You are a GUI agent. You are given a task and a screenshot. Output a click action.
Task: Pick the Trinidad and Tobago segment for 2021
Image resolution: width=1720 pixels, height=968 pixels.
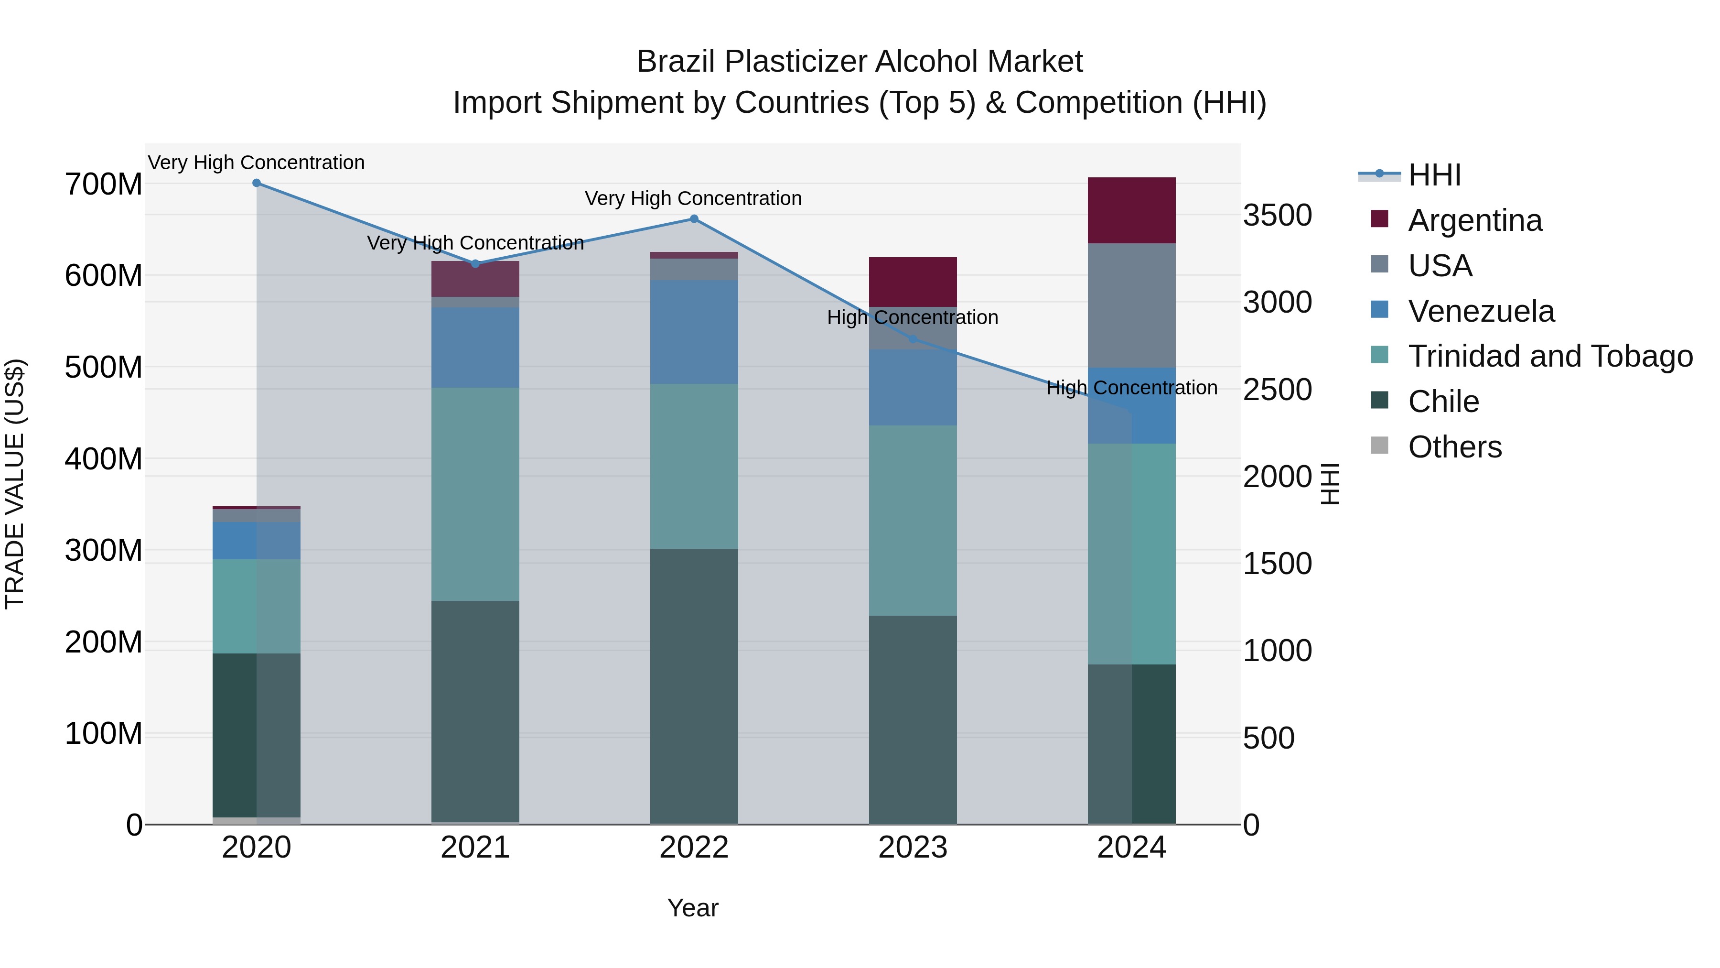pyautogui.click(x=475, y=494)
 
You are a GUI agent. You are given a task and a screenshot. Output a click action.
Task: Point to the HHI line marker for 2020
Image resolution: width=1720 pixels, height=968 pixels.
pyautogui.click(x=257, y=183)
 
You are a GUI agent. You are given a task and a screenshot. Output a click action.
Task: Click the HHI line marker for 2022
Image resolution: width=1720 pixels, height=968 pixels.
pyautogui.click(x=694, y=219)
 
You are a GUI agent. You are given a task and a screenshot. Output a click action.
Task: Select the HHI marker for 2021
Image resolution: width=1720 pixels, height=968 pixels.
pyautogui.click(x=475, y=264)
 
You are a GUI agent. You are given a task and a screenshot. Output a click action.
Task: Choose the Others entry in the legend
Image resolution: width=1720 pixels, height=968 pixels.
pyautogui.click(x=1454, y=447)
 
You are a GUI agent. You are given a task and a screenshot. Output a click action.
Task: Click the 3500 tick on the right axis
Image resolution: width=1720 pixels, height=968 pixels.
pyautogui.click(x=1277, y=216)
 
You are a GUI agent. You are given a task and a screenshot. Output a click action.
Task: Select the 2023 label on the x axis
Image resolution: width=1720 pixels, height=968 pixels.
pyautogui.click(x=913, y=848)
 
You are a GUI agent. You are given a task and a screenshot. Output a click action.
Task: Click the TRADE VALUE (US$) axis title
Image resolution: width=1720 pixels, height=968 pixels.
pyautogui.click(x=15, y=484)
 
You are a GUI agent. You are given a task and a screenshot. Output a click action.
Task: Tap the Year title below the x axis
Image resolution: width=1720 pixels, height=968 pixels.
pyautogui.click(x=692, y=908)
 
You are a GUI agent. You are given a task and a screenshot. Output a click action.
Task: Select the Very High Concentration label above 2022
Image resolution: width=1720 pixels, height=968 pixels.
pyautogui.click(x=693, y=198)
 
